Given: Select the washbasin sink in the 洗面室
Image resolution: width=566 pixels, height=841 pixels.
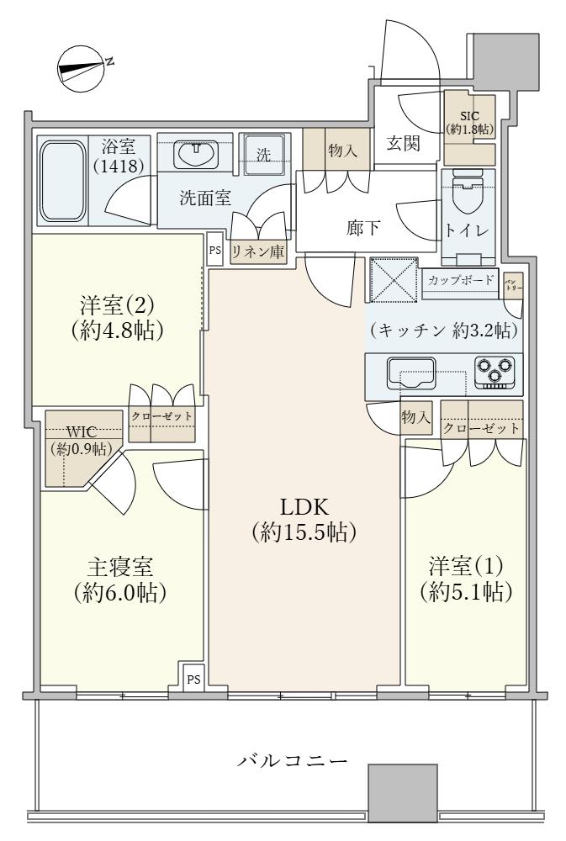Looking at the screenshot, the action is coord(197,155).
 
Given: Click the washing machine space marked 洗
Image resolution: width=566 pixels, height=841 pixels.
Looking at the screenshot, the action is coord(264,156).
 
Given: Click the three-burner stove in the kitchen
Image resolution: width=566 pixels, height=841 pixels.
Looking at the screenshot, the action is coord(495,371).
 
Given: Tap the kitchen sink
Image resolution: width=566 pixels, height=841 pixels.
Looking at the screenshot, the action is coord(409,372).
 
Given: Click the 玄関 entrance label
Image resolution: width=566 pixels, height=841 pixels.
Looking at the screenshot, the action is coord(404,144).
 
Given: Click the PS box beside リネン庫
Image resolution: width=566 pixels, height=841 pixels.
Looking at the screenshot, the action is coord(215,250).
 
